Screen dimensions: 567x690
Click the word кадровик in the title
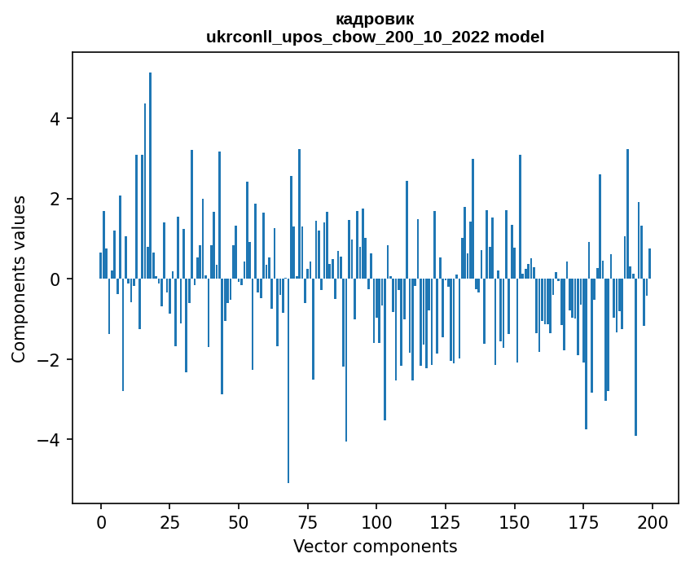tap(375, 20)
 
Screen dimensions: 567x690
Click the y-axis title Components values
tap(18, 279)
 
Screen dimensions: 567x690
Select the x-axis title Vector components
tap(375, 547)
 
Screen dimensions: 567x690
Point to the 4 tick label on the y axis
tap(55, 119)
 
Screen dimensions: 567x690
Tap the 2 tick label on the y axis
tap(55, 199)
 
